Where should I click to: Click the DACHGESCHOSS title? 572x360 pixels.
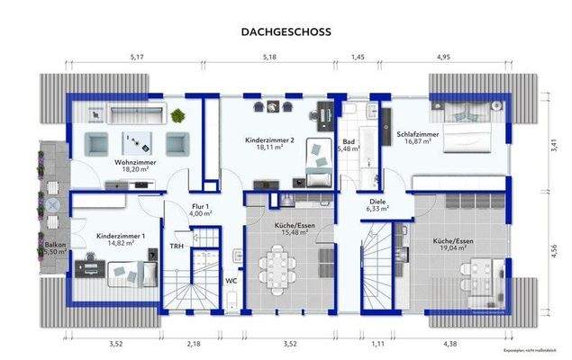click(x=286, y=31)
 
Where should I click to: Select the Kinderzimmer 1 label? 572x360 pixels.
click(x=115, y=238)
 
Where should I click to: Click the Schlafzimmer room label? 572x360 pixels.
click(x=416, y=136)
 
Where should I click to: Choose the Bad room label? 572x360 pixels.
click(x=347, y=144)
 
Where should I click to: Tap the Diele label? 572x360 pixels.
click(x=376, y=204)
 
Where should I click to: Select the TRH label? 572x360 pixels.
click(x=177, y=245)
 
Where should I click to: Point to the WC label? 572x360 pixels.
click(x=232, y=280)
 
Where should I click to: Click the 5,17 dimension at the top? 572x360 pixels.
click(x=137, y=58)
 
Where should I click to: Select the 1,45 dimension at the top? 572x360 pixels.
click(x=358, y=58)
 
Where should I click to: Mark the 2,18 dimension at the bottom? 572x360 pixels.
click(x=195, y=344)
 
